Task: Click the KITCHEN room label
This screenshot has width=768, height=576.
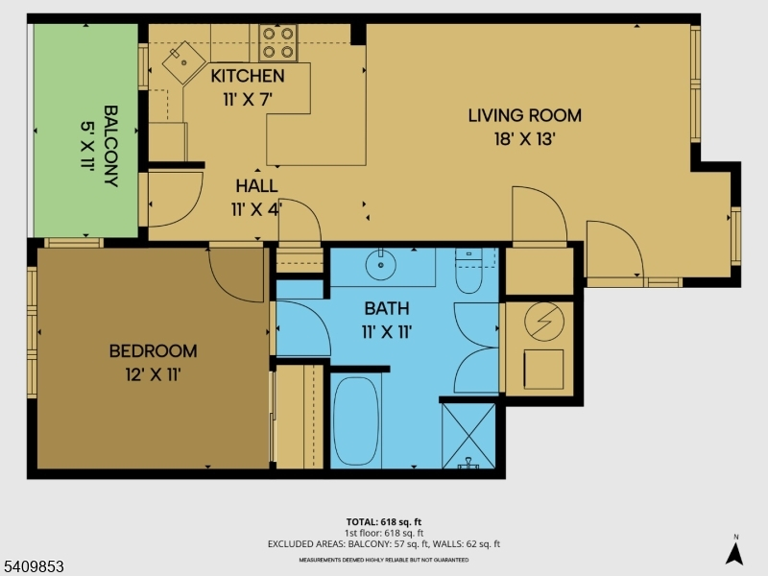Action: point(248,76)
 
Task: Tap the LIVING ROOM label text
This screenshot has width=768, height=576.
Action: point(524,115)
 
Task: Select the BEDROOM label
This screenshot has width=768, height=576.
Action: point(154,351)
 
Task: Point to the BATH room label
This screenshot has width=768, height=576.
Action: point(387,308)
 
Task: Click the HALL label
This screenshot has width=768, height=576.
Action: point(256,186)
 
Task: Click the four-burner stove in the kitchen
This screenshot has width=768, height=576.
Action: point(278,42)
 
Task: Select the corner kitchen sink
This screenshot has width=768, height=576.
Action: point(183,62)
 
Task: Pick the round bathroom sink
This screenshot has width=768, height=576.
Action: point(381,265)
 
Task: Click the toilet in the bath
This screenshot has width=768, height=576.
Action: point(468,271)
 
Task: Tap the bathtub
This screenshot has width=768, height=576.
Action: point(356,420)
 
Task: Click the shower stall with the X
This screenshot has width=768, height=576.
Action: point(468,435)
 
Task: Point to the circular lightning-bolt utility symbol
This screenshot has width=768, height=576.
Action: point(544,322)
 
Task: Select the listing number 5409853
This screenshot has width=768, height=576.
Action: point(32,566)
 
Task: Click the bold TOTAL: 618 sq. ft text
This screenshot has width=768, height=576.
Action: point(384,522)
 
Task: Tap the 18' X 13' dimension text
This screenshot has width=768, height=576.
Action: point(524,139)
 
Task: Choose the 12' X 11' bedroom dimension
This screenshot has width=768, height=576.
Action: point(154,375)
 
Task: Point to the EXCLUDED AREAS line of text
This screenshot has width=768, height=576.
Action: point(384,544)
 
